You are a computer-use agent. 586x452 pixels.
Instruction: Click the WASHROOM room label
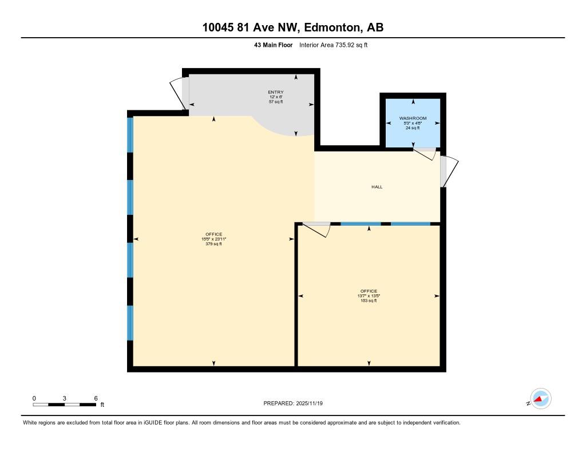413,118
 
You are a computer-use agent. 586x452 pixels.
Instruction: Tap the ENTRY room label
276,92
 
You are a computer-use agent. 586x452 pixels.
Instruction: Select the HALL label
377,187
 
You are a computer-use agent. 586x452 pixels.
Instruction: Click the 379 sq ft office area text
213,244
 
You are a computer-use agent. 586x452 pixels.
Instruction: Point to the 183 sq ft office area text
369,301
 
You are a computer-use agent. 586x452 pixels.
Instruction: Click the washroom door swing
426,154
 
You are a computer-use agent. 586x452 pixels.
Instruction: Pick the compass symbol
540,399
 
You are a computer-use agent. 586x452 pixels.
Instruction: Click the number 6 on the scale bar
96,398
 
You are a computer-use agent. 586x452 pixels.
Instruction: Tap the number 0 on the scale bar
34,398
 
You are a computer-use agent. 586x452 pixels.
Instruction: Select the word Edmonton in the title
332,27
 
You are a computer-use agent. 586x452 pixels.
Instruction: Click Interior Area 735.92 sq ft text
333,45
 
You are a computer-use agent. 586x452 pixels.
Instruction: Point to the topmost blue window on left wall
130,135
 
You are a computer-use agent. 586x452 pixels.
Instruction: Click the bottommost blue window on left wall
130,323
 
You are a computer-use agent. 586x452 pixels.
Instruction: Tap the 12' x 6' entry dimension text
276,97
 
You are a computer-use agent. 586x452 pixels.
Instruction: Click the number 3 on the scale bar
65,398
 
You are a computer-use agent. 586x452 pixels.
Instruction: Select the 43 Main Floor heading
274,45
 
